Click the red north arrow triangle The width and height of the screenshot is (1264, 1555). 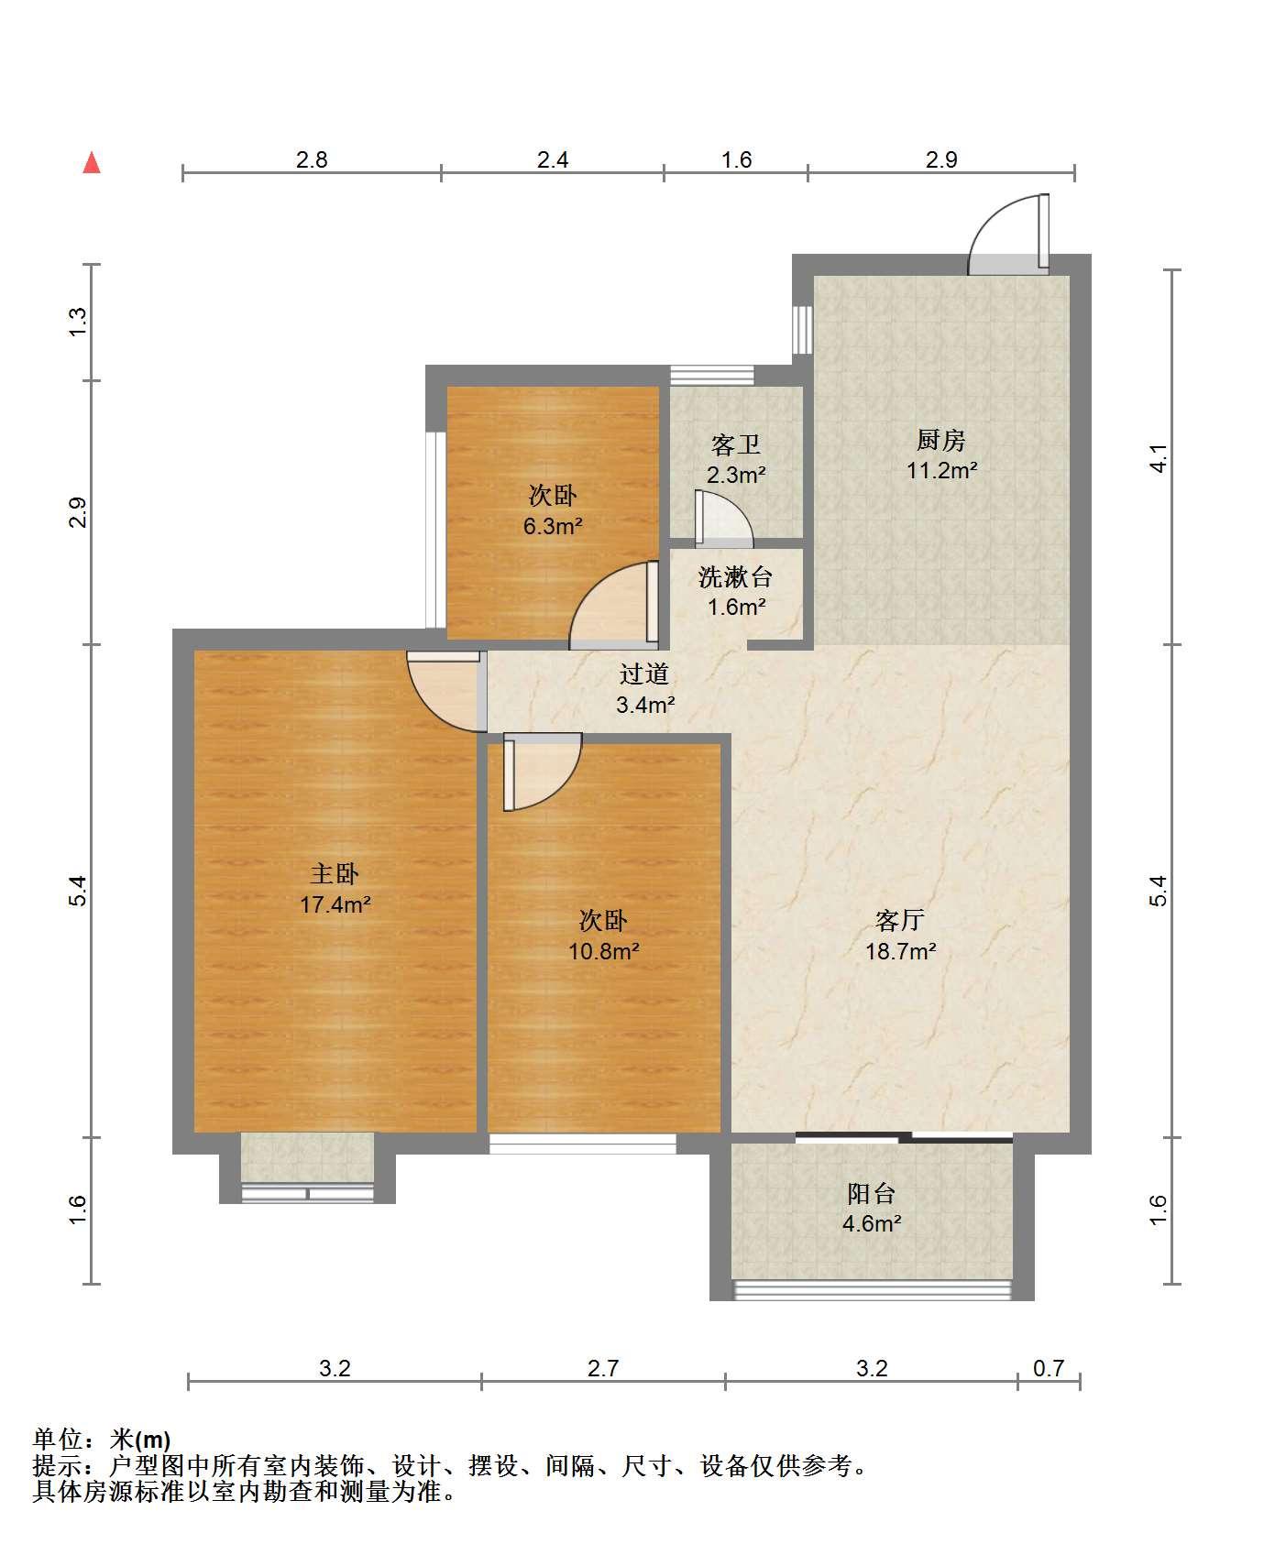click(92, 163)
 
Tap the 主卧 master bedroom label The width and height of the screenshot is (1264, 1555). click(335, 873)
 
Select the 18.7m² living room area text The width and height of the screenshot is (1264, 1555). click(900, 951)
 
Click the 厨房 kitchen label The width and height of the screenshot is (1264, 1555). click(941, 441)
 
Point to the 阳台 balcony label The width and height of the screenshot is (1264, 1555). click(871, 1193)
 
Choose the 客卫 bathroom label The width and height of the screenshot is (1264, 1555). click(736, 445)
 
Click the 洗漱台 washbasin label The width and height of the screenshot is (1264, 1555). click(735, 577)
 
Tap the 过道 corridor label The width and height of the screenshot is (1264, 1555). click(644, 674)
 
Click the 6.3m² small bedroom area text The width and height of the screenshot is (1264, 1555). click(553, 526)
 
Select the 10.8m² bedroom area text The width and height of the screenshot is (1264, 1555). click(603, 951)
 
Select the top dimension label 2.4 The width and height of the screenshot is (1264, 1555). click(553, 159)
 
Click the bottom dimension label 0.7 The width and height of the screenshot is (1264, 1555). click(1049, 1368)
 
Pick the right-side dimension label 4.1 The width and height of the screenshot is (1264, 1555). click(1159, 457)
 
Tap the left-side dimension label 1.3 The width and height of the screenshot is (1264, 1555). click(78, 322)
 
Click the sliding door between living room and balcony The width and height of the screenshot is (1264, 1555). click(903, 1138)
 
